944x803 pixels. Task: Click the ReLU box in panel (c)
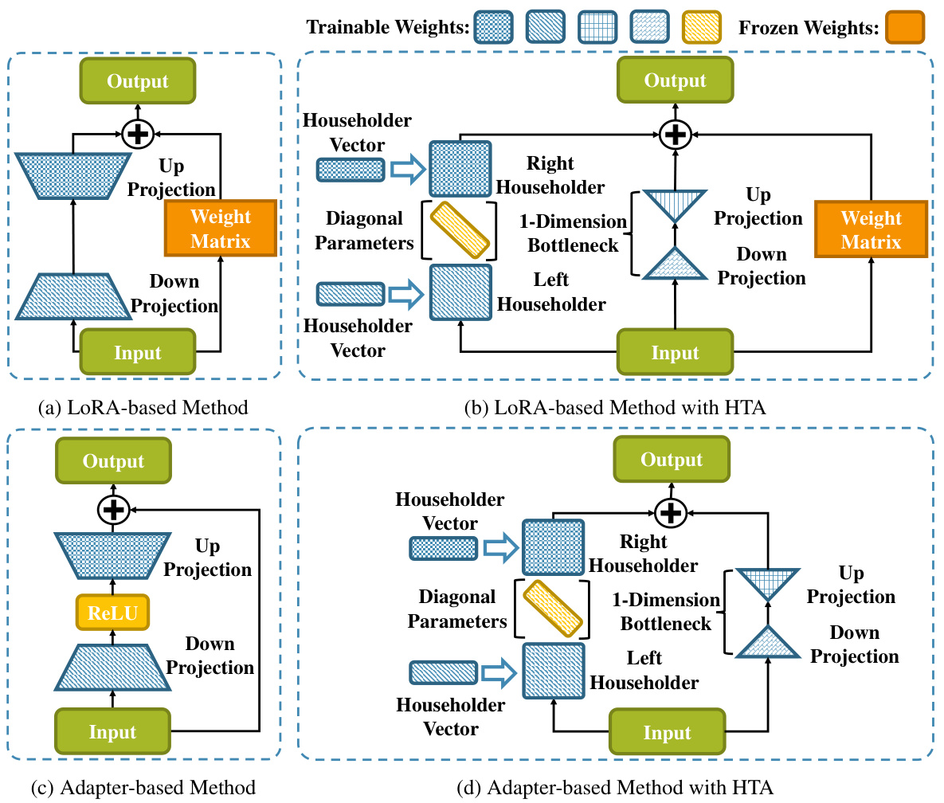[x=112, y=613]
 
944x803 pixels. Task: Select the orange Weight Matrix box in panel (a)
[x=221, y=228]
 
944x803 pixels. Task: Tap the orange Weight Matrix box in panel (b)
[x=871, y=229]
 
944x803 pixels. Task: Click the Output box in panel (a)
[x=138, y=81]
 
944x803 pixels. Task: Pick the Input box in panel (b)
[x=675, y=353]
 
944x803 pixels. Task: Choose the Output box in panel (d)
[x=672, y=460]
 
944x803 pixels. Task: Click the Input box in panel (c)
[x=112, y=732]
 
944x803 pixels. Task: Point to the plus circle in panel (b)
[x=675, y=135]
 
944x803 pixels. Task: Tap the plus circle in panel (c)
[x=112, y=508]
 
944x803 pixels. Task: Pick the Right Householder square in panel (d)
[x=553, y=546]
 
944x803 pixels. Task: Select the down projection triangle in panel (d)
[x=767, y=644]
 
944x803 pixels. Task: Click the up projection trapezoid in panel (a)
[x=72, y=175]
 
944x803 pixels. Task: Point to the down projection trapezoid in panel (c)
[x=112, y=665]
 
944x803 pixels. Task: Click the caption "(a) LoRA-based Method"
[x=143, y=409]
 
